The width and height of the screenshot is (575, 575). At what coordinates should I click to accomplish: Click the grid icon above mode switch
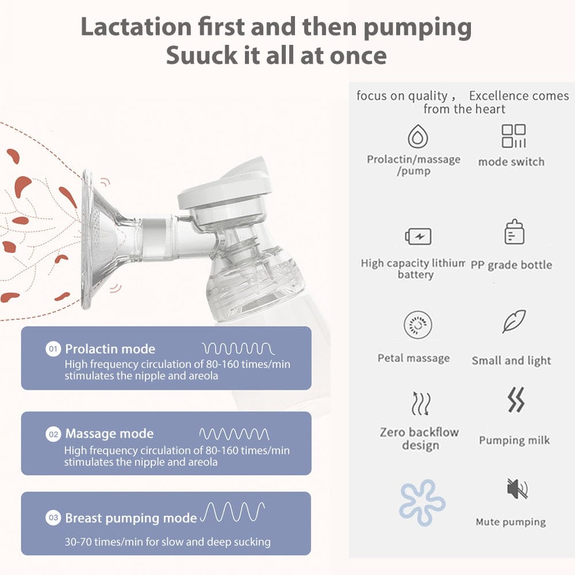click(513, 136)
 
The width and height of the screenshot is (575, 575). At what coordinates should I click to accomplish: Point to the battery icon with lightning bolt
click(418, 236)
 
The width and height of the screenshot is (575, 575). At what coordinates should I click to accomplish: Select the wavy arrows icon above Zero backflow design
click(420, 402)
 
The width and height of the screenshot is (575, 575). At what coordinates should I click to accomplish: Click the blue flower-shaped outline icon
click(422, 502)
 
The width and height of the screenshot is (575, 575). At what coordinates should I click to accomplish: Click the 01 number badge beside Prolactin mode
click(53, 349)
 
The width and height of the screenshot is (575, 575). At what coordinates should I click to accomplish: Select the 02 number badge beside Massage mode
click(53, 434)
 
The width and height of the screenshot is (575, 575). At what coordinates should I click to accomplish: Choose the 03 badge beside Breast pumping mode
click(53, 519)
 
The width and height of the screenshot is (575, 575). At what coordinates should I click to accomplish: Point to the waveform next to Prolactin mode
click(238, 348)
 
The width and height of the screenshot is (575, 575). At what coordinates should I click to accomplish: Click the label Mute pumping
click(511, 522)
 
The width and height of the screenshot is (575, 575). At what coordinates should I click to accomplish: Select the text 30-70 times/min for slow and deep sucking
click(167, 542)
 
